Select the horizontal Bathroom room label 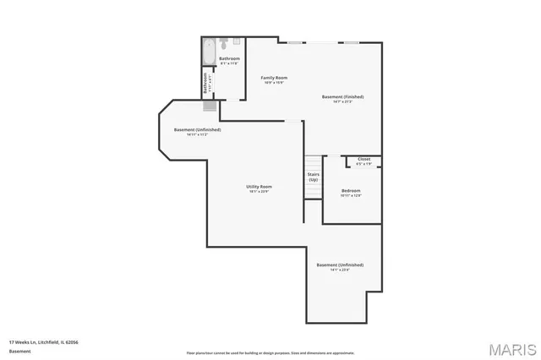229,58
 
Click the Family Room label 274,77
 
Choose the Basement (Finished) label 343,97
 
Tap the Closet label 363,159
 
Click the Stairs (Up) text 313,177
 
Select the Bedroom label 351,191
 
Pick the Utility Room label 259,186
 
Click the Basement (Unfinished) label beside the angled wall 198,129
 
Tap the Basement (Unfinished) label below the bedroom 340,265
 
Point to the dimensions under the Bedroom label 351,196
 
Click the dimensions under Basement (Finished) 343,102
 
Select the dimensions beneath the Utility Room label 259,191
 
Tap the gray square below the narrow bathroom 209,106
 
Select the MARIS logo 510,348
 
